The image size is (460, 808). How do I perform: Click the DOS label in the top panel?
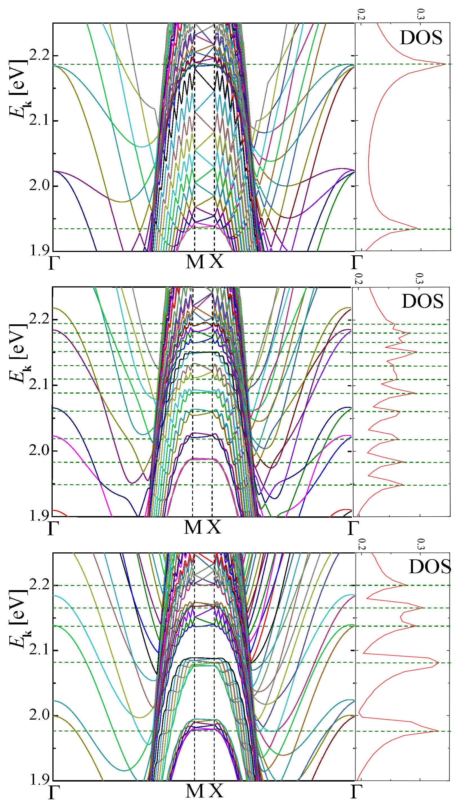click(x=421, y=38)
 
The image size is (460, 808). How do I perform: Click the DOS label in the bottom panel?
click(x=430, y=567)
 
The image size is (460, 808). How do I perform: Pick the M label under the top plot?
click(x=195, y=262)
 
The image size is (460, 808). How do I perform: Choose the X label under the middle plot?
click(x=214, y=527)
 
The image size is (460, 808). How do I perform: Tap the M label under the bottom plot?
click(x=195, y=791)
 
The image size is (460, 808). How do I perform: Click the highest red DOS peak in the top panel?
click(x=445, y=64)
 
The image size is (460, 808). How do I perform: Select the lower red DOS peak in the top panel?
click(x=417, y=228)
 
